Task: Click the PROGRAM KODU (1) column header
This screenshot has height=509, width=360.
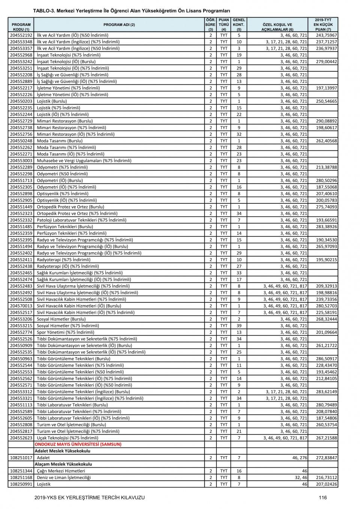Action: coord(21,27)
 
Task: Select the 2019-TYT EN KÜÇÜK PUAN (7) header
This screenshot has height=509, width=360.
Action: coord(323,24)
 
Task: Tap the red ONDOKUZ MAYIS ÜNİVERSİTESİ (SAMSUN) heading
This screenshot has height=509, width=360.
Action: coord(78,444)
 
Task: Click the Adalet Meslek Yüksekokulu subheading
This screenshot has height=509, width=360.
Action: coord(62,451)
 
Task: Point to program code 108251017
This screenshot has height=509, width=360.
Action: coord(21,458)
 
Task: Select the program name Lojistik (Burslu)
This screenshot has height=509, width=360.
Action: coord(52,101)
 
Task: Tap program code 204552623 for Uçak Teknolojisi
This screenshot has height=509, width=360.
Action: coord(21,438)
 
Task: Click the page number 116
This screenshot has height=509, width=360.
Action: coord(323,497)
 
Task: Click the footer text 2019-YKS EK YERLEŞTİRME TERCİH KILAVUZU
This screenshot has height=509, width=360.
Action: coord(89,497)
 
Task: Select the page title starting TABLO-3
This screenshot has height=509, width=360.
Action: coord(131,11)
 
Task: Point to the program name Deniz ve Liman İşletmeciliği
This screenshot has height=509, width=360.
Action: coord(64,477)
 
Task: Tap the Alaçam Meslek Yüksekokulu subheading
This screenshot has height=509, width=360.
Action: coord(63,464)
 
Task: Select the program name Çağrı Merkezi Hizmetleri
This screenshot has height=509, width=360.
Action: coord(61,471)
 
